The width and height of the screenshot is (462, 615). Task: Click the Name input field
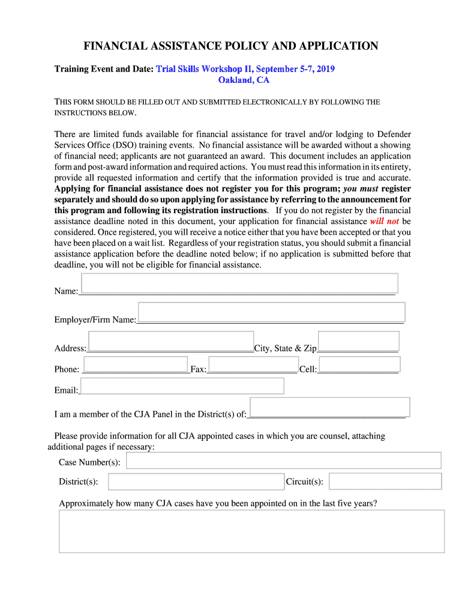(239, 283)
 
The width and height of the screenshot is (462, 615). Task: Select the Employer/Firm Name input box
(271, 312)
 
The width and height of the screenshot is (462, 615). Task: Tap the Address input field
(171, 341)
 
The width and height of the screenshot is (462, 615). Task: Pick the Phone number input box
(136, 364)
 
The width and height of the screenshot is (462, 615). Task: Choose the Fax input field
(253, 364)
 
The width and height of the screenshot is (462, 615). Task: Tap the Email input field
(182, 386)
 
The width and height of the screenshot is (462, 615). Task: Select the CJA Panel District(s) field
(329, 407)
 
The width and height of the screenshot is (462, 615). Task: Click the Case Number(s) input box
(283, 461)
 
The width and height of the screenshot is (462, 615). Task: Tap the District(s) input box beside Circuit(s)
(196, 482)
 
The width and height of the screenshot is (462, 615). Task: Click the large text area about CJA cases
(251, 531)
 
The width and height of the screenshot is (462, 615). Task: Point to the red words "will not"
(385, 222)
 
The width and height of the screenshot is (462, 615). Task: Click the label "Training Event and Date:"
(104, 69)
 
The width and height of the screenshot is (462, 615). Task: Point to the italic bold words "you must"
(361, 189)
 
